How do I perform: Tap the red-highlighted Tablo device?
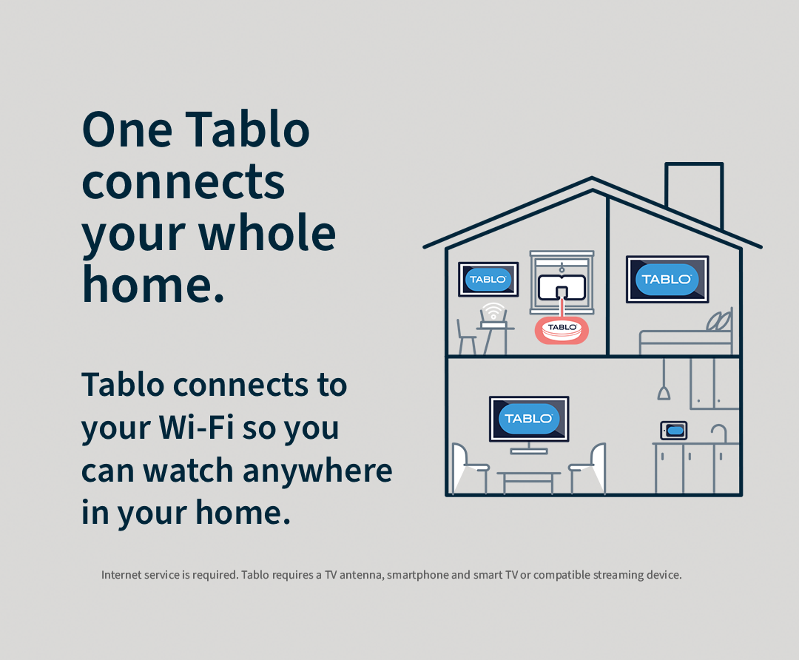[x=562, y=329]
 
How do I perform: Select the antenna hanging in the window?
[x=562, y=287]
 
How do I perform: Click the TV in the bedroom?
[x=667, y=279]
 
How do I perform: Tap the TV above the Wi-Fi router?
[x=488, y=279]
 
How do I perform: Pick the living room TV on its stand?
[x=528, y=420]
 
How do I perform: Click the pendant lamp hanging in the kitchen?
[x=664, y=389]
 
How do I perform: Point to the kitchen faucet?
[x=718, y=433]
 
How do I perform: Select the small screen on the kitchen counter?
[x=674, y=430]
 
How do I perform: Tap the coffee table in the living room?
[x=528, y=481]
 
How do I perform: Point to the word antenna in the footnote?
[x=359, y=575]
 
